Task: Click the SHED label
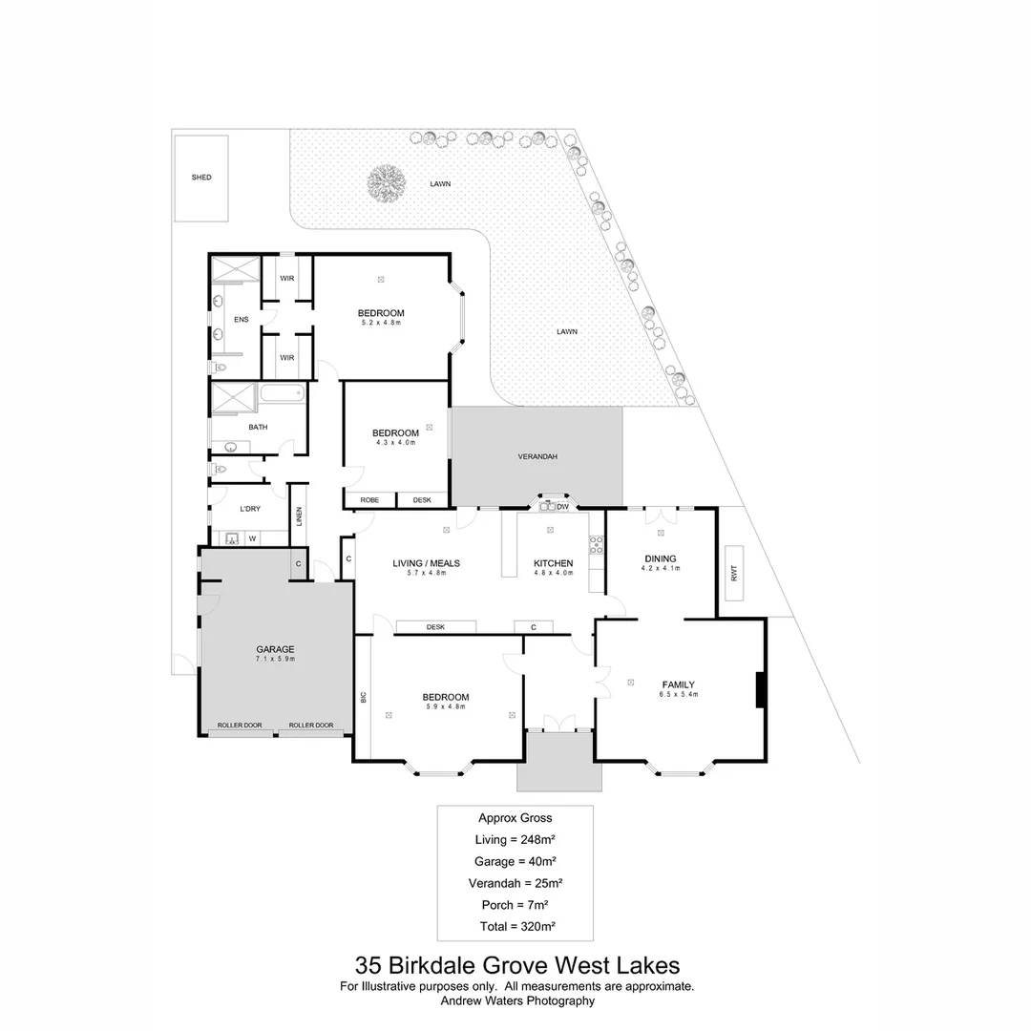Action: [200, 178]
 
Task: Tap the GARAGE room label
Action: [274, 649]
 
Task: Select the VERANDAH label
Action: [537, 457]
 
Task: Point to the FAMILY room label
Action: [678, 684]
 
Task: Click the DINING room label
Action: [660, 558]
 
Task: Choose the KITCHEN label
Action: [553, 563]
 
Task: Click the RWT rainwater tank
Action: [734, 573]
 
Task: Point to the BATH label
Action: [258, 427]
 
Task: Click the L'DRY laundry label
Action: [250, 509]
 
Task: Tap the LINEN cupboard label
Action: [299, 516]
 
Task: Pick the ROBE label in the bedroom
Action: [368, 500]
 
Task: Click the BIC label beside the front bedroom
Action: [363, 697]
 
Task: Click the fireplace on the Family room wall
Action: [760, 690]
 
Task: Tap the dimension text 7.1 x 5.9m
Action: [274, 660]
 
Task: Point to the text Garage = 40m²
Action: [515, 861]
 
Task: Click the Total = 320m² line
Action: [515, 926]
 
